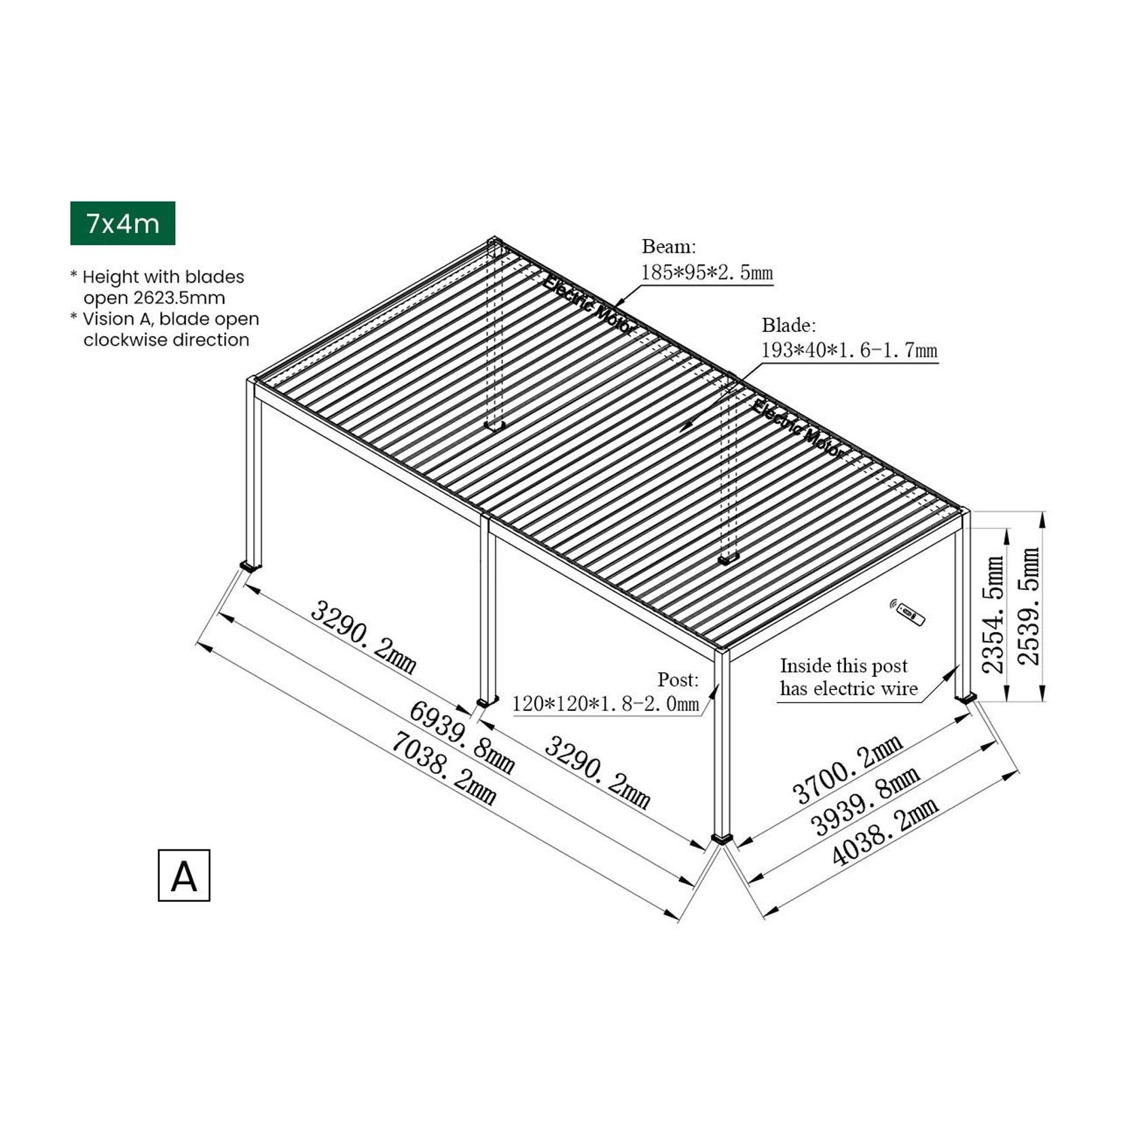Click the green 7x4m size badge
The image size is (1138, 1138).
122,223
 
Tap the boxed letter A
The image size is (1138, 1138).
183,875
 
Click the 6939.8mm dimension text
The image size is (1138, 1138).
461,737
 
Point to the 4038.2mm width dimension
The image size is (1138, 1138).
885,830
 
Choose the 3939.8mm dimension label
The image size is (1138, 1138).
866,801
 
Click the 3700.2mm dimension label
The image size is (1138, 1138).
847,769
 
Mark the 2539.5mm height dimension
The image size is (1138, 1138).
1029,606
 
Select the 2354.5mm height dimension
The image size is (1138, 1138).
993,614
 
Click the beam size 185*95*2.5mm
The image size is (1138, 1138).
706,273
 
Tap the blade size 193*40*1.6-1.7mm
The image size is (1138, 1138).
849,350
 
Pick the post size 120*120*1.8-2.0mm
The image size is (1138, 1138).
605,703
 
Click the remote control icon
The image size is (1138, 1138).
908,612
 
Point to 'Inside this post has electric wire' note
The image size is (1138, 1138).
847,677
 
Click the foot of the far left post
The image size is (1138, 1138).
250,565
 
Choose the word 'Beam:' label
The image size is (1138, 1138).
669,246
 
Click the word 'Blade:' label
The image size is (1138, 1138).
788,325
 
